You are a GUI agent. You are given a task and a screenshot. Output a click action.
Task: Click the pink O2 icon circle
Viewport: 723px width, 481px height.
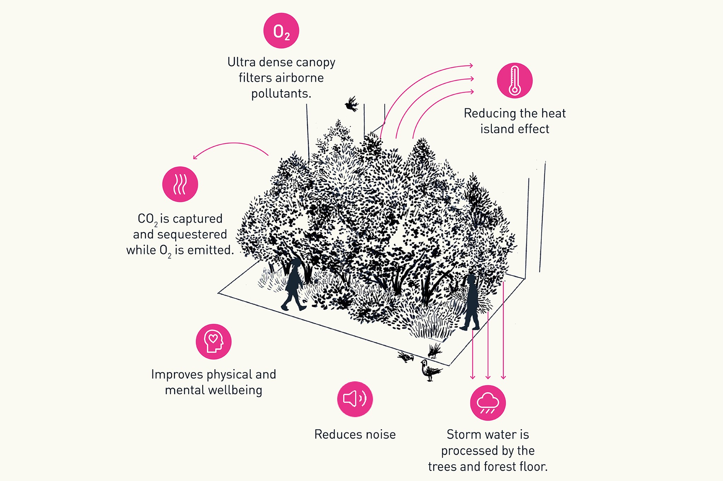pyautogui.click(x=281, y=31)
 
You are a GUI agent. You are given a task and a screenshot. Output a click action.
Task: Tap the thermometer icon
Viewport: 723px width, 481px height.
pyautogui.click(x=515, y=81)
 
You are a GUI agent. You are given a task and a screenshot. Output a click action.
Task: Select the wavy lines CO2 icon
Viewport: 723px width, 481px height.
pyautogui.click(x=180, y=184)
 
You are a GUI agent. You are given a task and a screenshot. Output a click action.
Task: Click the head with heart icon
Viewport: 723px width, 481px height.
pyautogui.click(x=214, y=342)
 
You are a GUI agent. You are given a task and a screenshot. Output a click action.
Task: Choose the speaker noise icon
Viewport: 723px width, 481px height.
pyautogui.click(x=355, y=399)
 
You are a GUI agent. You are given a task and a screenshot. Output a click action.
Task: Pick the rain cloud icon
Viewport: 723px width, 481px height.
pyautogui.click(x=488, y=403)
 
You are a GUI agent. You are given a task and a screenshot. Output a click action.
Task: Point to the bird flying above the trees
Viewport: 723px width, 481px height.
pyautogui.click(x=352, y=104)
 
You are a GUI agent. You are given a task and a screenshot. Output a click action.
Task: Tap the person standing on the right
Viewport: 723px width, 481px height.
pyautogui.click(x=471, y=303)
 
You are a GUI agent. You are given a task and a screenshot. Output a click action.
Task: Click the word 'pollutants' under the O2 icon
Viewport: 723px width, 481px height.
pyautogui.click(x=281, y=94)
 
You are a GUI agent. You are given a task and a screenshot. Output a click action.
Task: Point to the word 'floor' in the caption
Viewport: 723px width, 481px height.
pyautogui.click(x=532, y=467)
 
